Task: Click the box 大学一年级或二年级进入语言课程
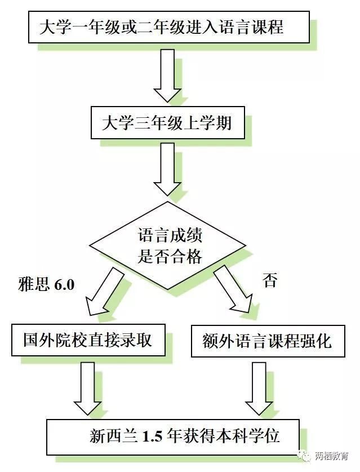pyautogui.click(x=168, y=26)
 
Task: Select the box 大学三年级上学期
pyautogui.click(x=167, y=123)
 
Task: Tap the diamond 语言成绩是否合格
pyautogui.click(x=168, y=246)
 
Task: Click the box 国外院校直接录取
pyautogui.click(x=88, y=340)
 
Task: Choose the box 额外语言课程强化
pyautogui.click(x=268, y=341)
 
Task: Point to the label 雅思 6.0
pyautogui.click(x=46, y=284)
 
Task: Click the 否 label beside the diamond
pyautogui.click(x=270, y=280)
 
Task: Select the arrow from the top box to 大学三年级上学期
pyautogui.click(x=167, y=74)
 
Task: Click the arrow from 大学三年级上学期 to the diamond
pyautogui.click(x=167, y=169)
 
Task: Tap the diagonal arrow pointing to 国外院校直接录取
pyautogui.click(x=104, y=291)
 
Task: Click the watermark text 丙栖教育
pyautogui.click(x=332, y=456)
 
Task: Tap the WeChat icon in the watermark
pyautogui.click(x=304, y=455)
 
